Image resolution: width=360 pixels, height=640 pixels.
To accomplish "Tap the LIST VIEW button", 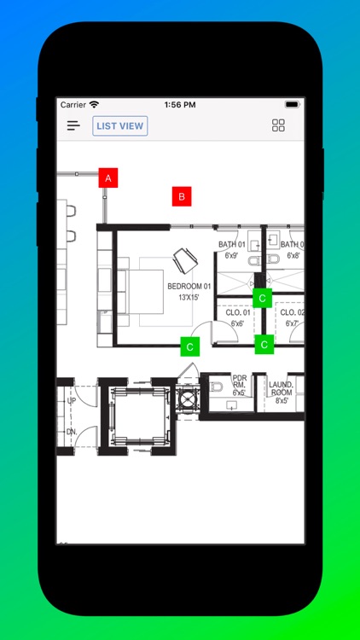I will coord(120,126).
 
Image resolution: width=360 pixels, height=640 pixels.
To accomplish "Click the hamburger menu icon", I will coord(74,126).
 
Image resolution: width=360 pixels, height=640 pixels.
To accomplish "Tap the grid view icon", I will coord(278,126).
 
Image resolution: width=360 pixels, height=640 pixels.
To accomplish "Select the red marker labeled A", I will coord(107,177).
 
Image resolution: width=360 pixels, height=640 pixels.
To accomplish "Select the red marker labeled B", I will coord(180,197).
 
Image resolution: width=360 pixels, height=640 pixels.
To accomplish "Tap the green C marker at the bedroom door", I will coord(190,346).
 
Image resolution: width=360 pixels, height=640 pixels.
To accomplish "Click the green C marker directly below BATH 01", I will coord(263,298).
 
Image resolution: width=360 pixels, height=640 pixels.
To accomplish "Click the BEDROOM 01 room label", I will coord(189,286).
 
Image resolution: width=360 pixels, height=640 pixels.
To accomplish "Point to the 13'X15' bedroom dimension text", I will coord(189,298).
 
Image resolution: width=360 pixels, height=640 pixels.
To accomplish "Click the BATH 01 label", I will coord(231,245).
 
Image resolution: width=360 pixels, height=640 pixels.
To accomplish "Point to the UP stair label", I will coord(72,400).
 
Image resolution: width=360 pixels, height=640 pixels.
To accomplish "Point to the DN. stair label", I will coord(72,432).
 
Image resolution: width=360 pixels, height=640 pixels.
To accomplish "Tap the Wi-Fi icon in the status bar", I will coord(94,105).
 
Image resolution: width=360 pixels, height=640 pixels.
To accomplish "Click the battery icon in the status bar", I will coord(293,105).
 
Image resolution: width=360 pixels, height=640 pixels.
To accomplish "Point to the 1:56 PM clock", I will coord(180,105).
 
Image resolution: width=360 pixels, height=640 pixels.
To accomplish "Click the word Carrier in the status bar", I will coord(73,105).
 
